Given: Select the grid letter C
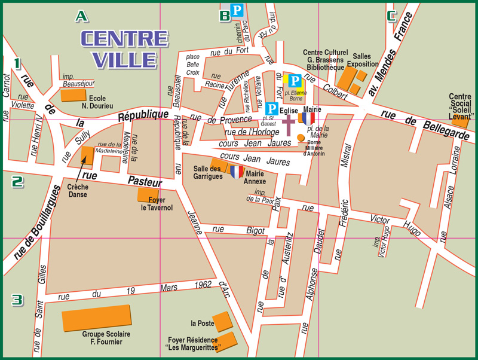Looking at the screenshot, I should point(392,16).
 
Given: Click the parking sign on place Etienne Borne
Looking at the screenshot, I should point(295,81).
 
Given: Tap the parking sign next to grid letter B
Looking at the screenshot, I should point(237,10).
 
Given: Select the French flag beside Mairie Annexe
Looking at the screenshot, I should point(237,172).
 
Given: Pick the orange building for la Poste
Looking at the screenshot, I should point(222,322).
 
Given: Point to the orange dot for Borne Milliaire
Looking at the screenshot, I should point(301,138).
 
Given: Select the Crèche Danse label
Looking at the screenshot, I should point(78,191).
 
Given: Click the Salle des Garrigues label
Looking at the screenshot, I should point(208,172).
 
